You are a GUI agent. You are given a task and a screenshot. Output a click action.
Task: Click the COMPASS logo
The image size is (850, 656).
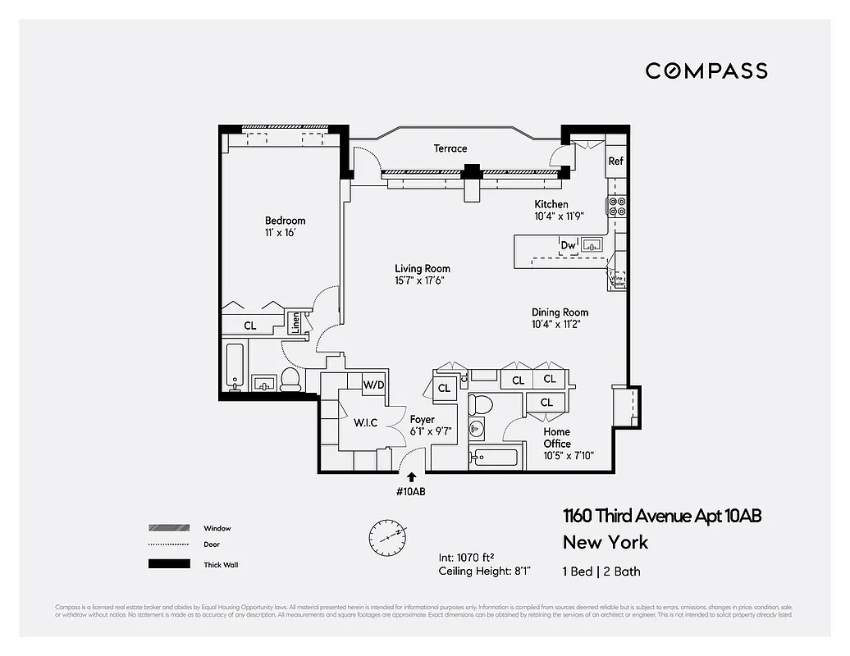706,71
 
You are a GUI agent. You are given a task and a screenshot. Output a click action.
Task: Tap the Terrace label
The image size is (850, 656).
450,148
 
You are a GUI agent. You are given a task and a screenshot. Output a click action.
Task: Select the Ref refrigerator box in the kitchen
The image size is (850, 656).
616,162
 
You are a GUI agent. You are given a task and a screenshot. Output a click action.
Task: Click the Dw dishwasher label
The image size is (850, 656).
568,244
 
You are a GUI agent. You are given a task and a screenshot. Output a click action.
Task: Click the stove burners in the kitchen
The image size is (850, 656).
617,207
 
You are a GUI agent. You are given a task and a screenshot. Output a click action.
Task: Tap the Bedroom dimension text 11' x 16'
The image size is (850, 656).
280,233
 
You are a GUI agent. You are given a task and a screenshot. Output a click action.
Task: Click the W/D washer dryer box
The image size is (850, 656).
374,384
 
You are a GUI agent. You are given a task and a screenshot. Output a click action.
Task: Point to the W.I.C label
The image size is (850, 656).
365,424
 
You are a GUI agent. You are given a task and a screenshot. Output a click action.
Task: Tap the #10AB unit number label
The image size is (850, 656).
411,492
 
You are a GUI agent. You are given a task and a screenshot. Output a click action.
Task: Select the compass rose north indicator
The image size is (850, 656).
386,536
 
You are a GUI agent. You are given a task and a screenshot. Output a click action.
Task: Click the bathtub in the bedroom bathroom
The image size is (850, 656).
234,367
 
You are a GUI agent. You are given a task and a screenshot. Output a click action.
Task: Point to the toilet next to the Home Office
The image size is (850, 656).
482,404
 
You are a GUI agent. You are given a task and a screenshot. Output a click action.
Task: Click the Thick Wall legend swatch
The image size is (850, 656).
164,564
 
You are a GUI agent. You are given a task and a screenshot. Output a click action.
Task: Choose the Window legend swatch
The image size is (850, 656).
164,528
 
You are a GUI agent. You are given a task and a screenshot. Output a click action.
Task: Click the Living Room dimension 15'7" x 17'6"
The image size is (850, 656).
422,280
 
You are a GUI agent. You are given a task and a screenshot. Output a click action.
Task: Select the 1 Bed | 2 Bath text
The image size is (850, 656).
601,572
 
